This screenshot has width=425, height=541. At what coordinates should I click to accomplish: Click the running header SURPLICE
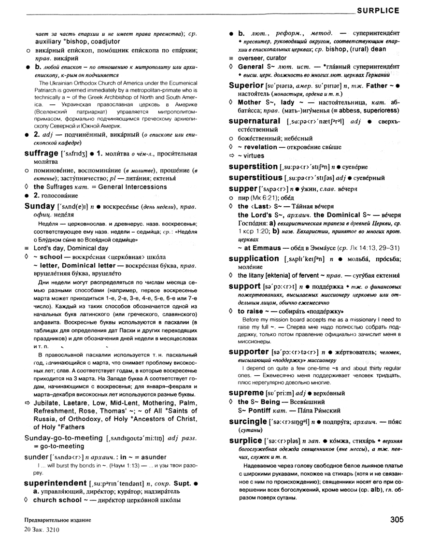pyautogui.click(x=377, y=10)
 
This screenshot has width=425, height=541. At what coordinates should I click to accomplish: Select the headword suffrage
pyautogui.click(x=40, y=153)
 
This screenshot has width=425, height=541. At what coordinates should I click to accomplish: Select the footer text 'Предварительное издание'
pyautogui.click(x=50, y=520)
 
